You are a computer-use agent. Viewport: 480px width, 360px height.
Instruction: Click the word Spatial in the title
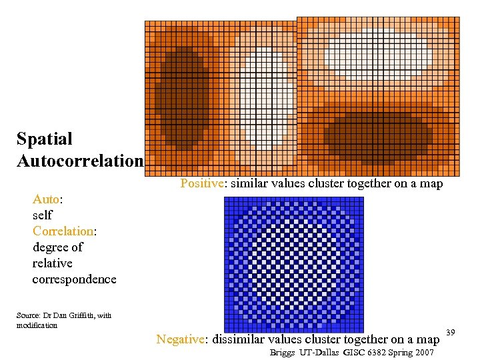tap(44, 139)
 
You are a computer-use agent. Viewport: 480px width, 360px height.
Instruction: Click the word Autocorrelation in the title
tap(80, 161)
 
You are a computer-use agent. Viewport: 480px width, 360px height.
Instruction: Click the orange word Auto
tap(46, 199)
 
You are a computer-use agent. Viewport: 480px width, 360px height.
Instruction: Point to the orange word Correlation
tap(63, 231)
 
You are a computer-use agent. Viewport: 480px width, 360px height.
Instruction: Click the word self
tap(42, 215)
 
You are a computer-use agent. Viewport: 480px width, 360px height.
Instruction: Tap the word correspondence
tap(74, 279)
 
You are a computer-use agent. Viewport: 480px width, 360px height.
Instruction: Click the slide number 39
tap(450, 332)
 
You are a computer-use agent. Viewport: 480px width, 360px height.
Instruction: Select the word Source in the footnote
tap(28, 315)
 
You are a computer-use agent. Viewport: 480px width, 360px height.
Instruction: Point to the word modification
tap(37, 325)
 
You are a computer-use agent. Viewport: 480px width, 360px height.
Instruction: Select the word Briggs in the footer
tap(283, 352)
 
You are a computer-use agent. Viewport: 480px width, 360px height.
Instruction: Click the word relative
tap(52, 263)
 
